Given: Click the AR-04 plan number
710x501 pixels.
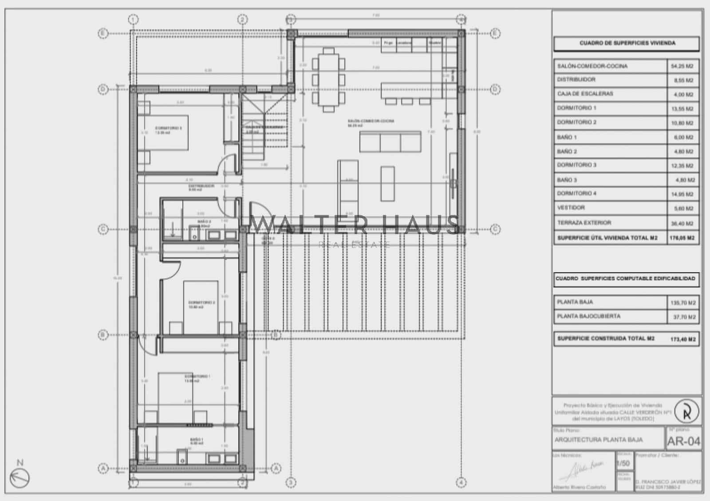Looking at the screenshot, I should [x=683, y=441].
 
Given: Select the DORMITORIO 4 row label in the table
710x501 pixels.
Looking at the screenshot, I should [x=577, y=194].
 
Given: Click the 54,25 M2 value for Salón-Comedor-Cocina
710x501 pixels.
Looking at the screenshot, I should [x=682, y=66].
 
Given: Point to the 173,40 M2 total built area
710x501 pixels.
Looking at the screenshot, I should [x=682, y=339].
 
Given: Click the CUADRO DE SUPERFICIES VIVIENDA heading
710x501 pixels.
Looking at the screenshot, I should [x=627, y=44].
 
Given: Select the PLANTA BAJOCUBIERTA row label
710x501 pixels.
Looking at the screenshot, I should [x=589, y=316].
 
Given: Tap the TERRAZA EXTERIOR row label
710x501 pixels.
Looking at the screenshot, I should [x=584, y=223].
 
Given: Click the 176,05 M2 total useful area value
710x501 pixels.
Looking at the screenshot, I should [x=682, y=238].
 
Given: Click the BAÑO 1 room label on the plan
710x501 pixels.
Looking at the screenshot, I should [x=197, y=441].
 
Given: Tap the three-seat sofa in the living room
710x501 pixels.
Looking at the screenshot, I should [x=390, y=142].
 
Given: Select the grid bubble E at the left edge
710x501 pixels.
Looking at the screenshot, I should [x=103, y=33].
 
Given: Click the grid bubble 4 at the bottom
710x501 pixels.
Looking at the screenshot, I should [x=461, y=482].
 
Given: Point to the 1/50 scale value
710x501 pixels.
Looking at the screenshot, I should [x=624, y=463].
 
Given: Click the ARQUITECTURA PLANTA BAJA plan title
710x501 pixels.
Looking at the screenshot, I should [x=598, y=440].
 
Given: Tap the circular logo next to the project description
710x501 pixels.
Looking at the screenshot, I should [x=686, y=411].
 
